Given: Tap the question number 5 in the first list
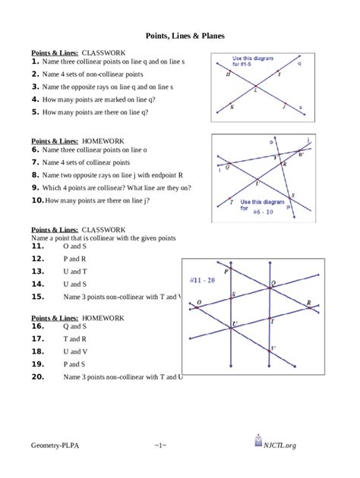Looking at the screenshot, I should pos(35,112).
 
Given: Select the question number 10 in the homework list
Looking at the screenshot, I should pos(37,200).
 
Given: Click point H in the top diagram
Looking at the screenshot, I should pos(229,76).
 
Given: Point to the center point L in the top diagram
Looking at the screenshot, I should pos(255,90).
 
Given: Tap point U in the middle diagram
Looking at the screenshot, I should pos(257,182).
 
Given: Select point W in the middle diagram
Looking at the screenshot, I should pos(299,155).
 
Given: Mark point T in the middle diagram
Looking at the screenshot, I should pos(231,202).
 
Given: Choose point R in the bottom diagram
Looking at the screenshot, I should pos(308,304).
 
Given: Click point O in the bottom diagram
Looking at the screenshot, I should pos(199,303).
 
